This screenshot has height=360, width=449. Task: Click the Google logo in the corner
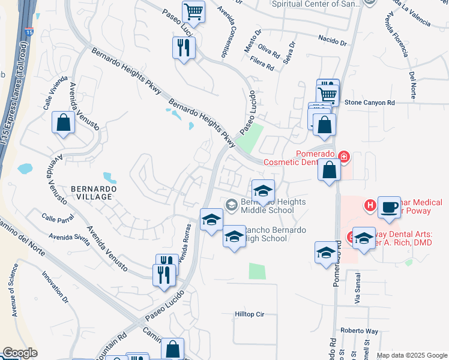[x=20, y=353]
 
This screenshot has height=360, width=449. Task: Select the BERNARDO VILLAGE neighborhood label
[x=91, y=193]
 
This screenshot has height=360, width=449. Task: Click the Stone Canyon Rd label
[x=370, y=103]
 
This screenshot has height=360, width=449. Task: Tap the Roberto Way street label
[x=359, y=331]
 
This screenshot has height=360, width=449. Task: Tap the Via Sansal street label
[x=359, y=288]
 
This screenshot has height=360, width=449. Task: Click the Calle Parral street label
[x=57, y=217]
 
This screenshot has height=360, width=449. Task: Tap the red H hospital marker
[x=370, y=206]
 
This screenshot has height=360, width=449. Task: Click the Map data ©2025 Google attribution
[x=411, y=355]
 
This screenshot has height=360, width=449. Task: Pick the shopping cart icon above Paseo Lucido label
[x=193, y=11]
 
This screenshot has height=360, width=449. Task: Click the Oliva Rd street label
[x=269, y=49]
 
